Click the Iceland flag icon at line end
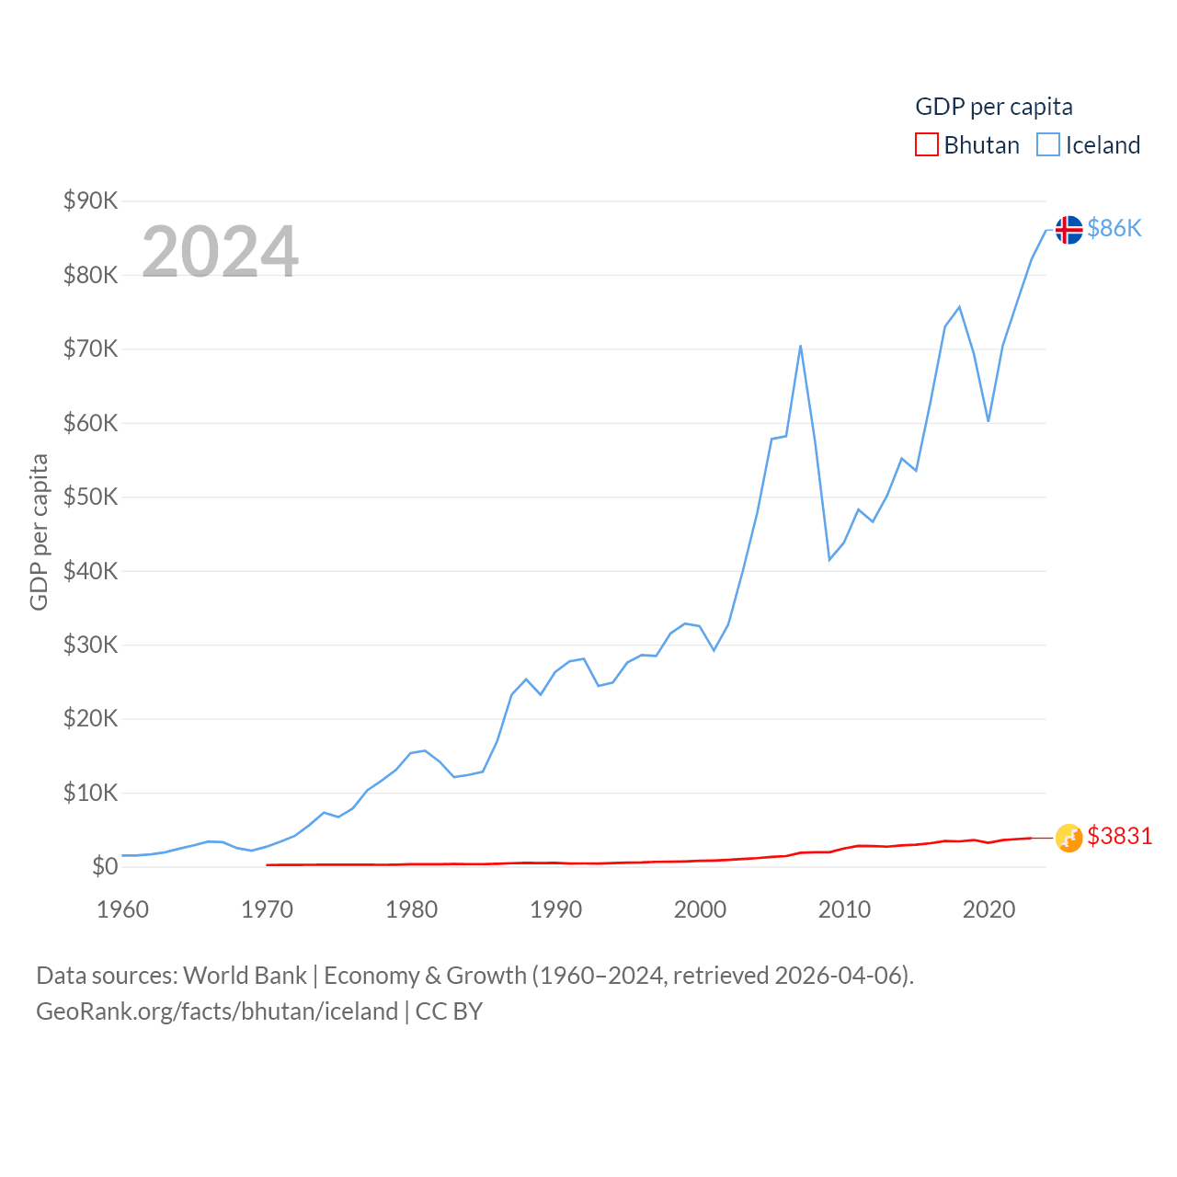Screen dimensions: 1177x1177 click(1068, 229)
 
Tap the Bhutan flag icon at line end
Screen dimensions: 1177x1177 click(1068, 838)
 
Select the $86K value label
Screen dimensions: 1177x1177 click(1114, 228)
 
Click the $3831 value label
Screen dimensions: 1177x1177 click(1119, 836)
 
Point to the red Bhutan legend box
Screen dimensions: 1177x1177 click(927, 145)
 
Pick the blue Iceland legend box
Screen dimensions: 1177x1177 click(1048, 145)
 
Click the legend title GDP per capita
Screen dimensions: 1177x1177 click(994, 107)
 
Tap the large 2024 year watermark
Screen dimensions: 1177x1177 click(220, 252)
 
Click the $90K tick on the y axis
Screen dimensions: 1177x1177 click(90, 200)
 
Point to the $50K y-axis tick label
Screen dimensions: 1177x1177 click(90, 497)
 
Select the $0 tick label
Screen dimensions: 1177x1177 click(105, 866)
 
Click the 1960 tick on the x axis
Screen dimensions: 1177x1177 click(122, 909)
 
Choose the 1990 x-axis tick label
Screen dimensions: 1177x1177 click(555, 909)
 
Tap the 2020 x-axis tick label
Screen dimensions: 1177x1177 click(988, 909)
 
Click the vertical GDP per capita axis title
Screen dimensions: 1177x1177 click(39, 532)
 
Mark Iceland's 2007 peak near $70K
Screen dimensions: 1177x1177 click(801, 347)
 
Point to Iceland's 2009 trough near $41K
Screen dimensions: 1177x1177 click(829, 559)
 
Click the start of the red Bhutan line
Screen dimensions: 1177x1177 click(267, 864)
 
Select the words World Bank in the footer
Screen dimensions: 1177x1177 click(245, 976)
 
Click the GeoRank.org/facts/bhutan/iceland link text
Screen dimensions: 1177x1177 click(217, 1011)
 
